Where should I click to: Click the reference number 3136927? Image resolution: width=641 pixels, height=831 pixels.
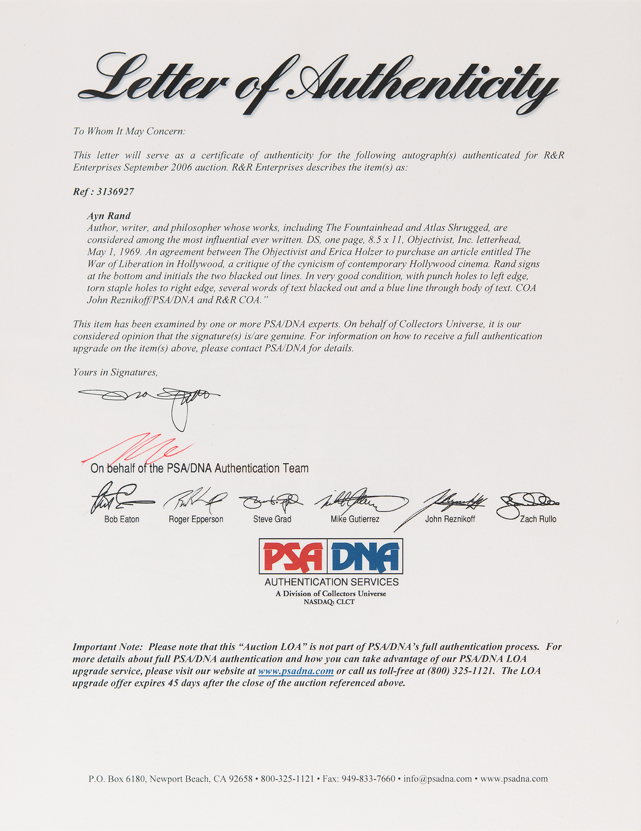(115, 192)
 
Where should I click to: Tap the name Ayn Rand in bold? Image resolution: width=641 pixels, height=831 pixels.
(108, 216)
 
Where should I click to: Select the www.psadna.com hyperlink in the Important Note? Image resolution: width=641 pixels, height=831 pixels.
(296, 671)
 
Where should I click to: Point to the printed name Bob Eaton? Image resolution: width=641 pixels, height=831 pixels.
(122, 519)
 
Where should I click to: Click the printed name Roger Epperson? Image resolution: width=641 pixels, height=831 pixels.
(196, 519)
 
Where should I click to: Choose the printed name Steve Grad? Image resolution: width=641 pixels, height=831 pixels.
(272, 519)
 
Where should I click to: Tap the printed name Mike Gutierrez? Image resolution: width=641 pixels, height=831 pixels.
(355, 519)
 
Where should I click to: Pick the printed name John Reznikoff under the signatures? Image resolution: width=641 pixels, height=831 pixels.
(450, 519)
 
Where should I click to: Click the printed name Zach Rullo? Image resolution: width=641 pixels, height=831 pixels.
(538, 519)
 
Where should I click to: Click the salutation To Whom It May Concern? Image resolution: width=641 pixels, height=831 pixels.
(129, 131)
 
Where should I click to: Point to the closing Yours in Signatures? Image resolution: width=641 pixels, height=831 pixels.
(115, 372)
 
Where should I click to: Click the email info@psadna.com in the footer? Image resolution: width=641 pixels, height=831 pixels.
(437, 779)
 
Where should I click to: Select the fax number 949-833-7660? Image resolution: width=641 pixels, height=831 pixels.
(368, 779)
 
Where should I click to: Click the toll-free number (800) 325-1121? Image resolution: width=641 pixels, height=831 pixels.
(461, 671)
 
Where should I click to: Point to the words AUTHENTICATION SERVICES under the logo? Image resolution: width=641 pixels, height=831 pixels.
(331, 582)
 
